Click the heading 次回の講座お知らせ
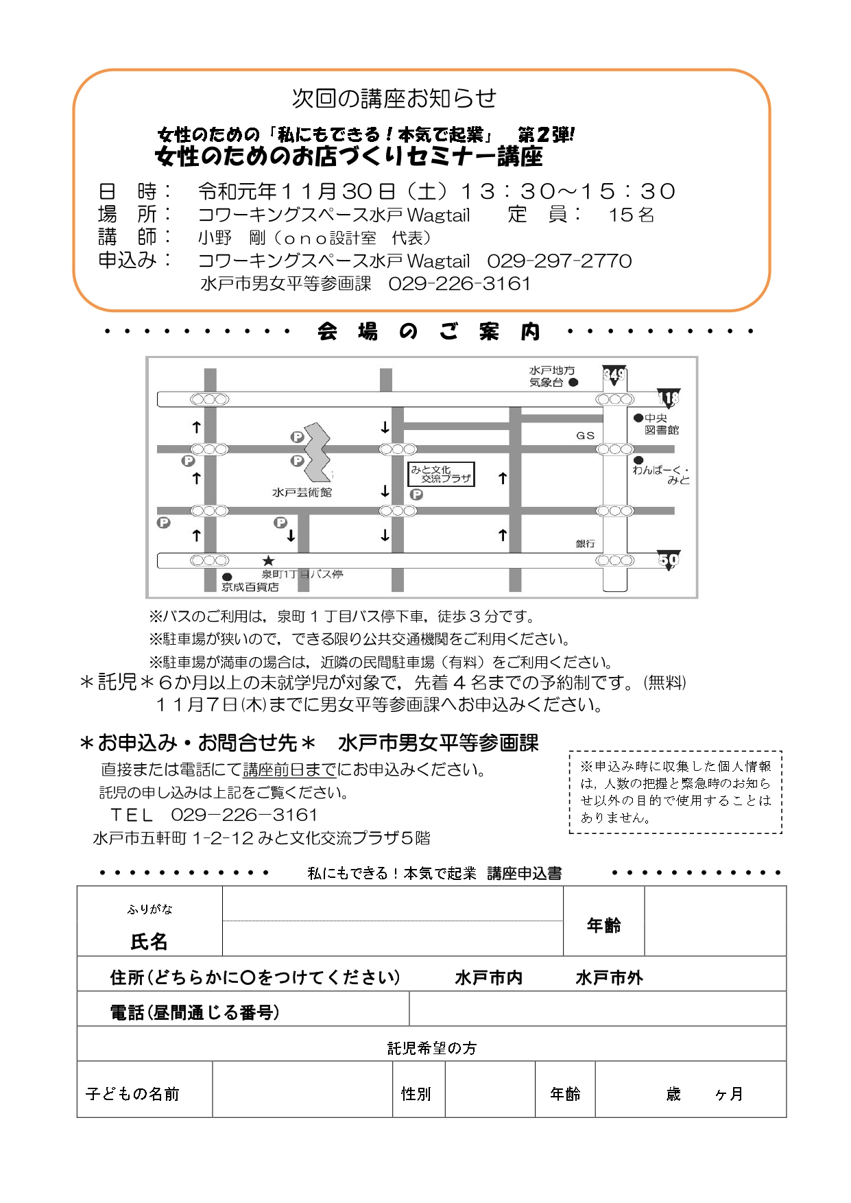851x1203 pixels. pyautogui.click(x=394, y=99)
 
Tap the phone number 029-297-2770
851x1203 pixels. pyautogui.click(x=560, y=261)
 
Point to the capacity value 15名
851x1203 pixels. pyautogui.click(x=631, y=215)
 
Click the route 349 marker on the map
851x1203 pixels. pyautogui.click(x=614, y=374)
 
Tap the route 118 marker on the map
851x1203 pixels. pyautogui.click(x=668, y=398)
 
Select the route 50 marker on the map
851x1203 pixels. pyautogui.click(x=669, y=560)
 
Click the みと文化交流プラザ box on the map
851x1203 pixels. pyautogui.click(x=441, y=474)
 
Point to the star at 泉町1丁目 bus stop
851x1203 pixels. pyautogui.click(x=268, y=561)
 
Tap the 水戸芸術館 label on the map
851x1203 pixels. pyautogui.click(x=302, y=492)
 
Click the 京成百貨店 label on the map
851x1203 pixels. pyautogui.click(x=250, y=587)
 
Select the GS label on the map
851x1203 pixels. pyautogui.click(x=585, y=436)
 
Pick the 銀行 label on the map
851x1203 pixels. pyautogui.click(x=585, y=544)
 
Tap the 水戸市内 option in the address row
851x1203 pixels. pyautogui.click(x=488, y=977)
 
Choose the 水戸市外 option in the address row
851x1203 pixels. pyautogui.click(x=609, y=977)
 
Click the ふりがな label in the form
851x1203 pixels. pyautogui.click(x=149, y=909)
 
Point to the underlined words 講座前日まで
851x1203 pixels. pyautogui.click(x=289, y=770)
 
